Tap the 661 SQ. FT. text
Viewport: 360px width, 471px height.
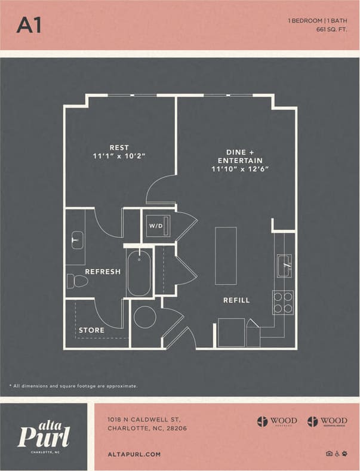point(330,29)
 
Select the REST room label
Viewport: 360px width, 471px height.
point(119,147)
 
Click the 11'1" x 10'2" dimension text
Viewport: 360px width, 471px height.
point(119,156)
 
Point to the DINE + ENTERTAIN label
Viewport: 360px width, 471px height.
point(240,156)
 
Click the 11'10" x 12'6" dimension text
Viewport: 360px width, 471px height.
point(240,169)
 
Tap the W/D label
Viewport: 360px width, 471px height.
point(155,226)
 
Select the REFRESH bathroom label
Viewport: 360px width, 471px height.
point(103,272)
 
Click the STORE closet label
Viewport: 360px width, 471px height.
point(91,330)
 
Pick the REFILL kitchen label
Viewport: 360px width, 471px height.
point(236,300)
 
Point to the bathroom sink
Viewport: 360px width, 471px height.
point(76,241)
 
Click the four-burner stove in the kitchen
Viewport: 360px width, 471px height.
point(283,302)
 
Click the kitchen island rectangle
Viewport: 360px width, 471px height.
point(226,255)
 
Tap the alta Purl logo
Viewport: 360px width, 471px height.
point(44,434)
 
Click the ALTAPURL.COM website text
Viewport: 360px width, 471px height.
point(134,454)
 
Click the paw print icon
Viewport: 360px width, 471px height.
point(345,454)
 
